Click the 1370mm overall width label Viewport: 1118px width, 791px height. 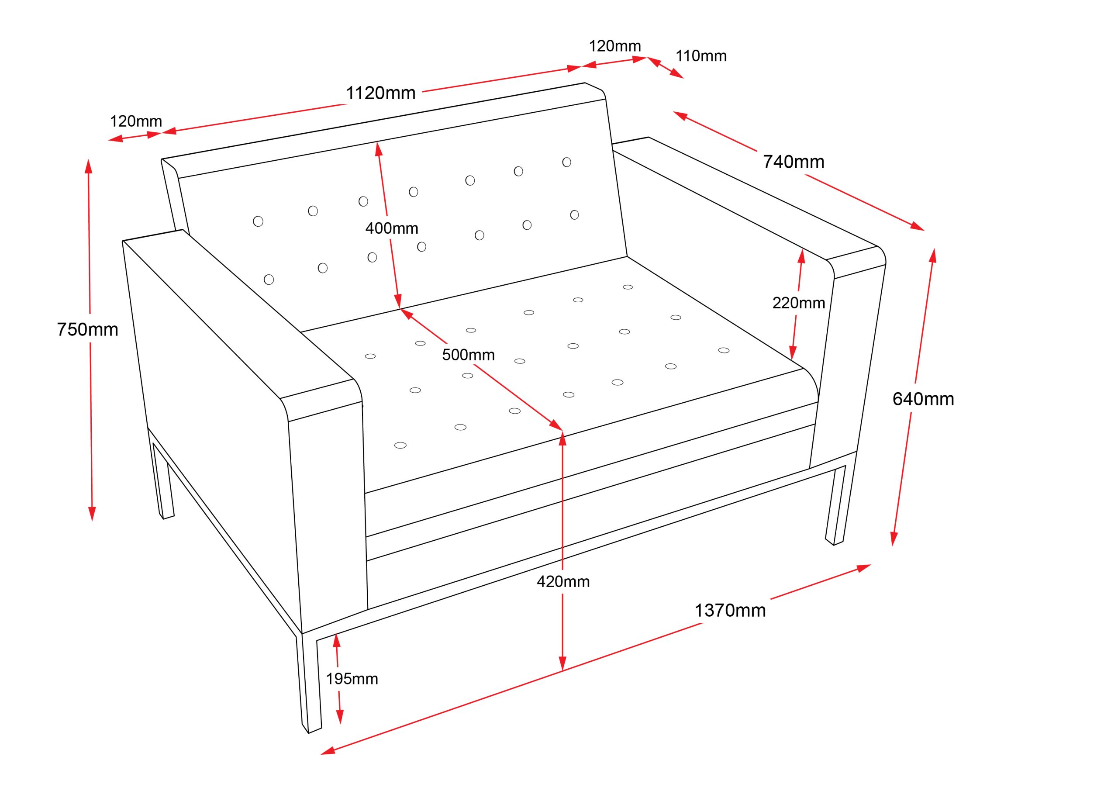click(730, 610)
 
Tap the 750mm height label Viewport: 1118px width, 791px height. click(88, 330)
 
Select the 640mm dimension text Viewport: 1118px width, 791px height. click(923, 399)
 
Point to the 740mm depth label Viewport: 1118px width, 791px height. click(794, 162)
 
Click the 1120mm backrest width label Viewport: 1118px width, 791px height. click(381, 93)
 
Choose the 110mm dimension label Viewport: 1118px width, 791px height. click(701, 56)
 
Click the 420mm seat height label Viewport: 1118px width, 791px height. click(563, 581)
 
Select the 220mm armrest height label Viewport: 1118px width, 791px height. click(799, 303)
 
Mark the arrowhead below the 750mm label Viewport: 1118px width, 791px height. click(92, 514)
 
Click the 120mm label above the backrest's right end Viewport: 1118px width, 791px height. click(615, 46)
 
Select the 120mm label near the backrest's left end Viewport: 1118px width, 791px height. click(136, 121)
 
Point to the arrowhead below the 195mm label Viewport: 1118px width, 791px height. click(340, 716)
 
